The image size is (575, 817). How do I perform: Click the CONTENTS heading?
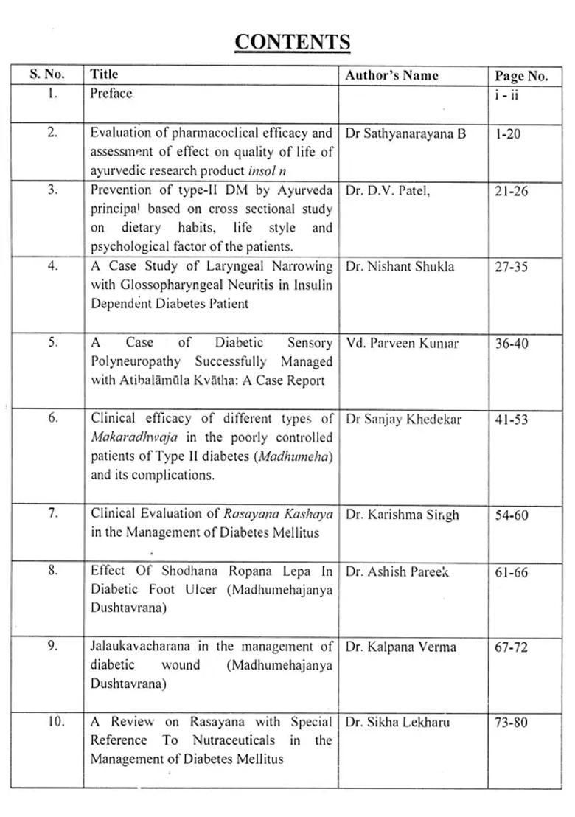292,43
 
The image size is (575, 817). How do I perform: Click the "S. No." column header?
47,74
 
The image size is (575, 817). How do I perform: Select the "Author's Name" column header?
391,75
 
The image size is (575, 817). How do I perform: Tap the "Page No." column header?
521,76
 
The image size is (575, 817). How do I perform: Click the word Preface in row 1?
111,94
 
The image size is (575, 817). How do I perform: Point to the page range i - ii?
506,95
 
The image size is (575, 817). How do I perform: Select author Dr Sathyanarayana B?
405,134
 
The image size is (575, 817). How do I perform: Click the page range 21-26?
511,191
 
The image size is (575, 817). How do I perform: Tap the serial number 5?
52,342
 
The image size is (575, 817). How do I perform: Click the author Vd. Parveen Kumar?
401,344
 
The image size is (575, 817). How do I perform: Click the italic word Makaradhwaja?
134,437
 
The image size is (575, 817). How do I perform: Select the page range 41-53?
511,420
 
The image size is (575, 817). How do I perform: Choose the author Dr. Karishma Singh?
402,515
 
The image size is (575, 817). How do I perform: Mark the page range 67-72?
512,647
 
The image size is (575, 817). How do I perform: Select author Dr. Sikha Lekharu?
397,723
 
